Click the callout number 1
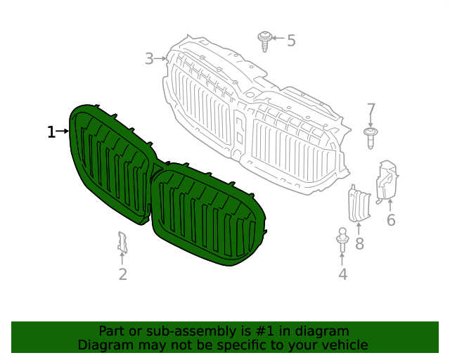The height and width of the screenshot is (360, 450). pos(51,131)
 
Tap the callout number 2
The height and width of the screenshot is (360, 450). pos(122,274)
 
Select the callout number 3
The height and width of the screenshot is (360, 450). pos(149,58)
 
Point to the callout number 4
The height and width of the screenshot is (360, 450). pos(342,274)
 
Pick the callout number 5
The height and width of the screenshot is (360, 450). pos(291,41)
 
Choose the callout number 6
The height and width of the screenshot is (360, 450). pos(391,221)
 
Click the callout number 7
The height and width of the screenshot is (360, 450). pos(371,110)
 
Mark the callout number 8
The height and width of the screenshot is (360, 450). pos(359,244)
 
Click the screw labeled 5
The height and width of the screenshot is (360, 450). pos(265,40)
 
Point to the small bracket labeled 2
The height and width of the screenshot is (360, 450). pos(122,243)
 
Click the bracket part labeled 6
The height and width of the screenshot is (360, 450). pos(387,181)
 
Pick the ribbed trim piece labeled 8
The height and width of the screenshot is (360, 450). pos(358,204)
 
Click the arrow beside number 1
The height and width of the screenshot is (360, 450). pos(63,131)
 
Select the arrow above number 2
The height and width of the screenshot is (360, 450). pos(122,259)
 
